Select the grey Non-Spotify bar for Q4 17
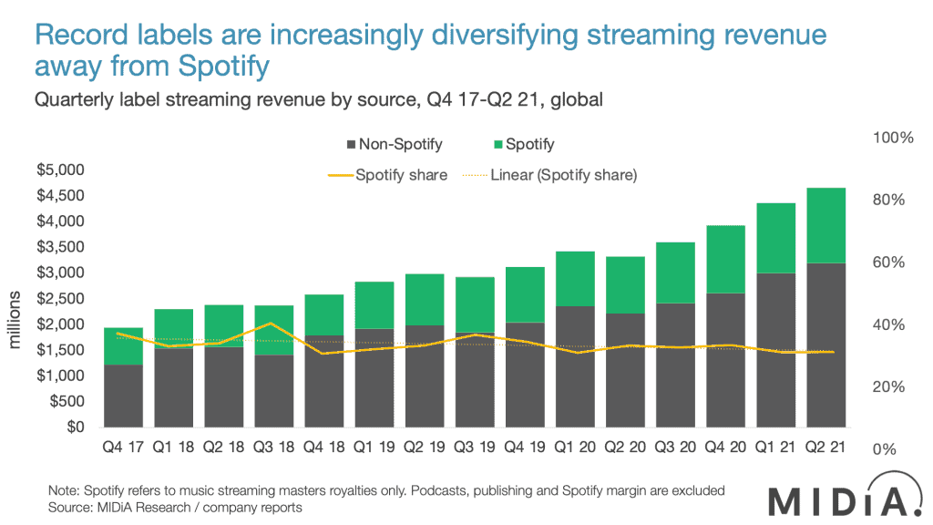click(x=123, y=396)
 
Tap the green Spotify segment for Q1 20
click(x=576, y=278)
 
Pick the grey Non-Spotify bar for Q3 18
click(x=273, y=391)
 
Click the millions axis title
click(x=15, y=323)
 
